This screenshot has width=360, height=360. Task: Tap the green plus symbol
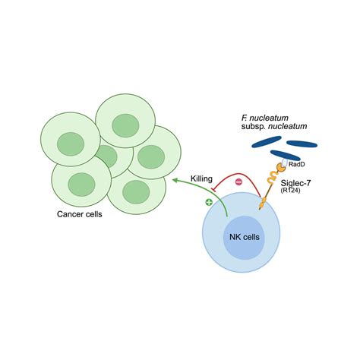(x=210, y=204)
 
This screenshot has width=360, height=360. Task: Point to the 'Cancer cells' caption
(x=80, y=214)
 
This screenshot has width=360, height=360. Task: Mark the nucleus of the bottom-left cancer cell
(x=80, y=184)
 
